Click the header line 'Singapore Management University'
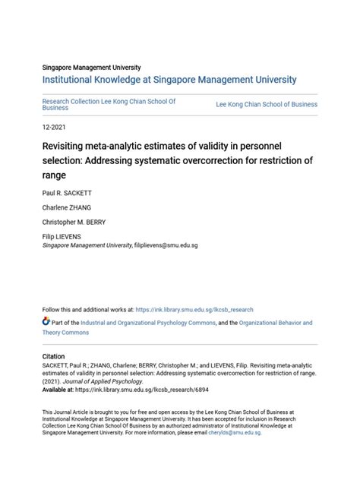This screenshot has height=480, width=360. pyautogui.click(x=91, y=68)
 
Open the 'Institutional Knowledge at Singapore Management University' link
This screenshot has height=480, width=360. pyautogui.click(x=169, y=80)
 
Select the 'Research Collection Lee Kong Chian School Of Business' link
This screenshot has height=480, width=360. pyautogui.click(x=109, y=104)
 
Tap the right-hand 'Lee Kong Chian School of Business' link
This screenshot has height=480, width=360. pyautogui.click(x=267, y=104)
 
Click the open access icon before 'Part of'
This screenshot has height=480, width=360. pyautogui.click(x=46, y=323)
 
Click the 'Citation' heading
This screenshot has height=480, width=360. pyautogui.click(x=53, y=356)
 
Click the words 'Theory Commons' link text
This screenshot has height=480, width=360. pyautogui.click(x=65, y=333)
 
